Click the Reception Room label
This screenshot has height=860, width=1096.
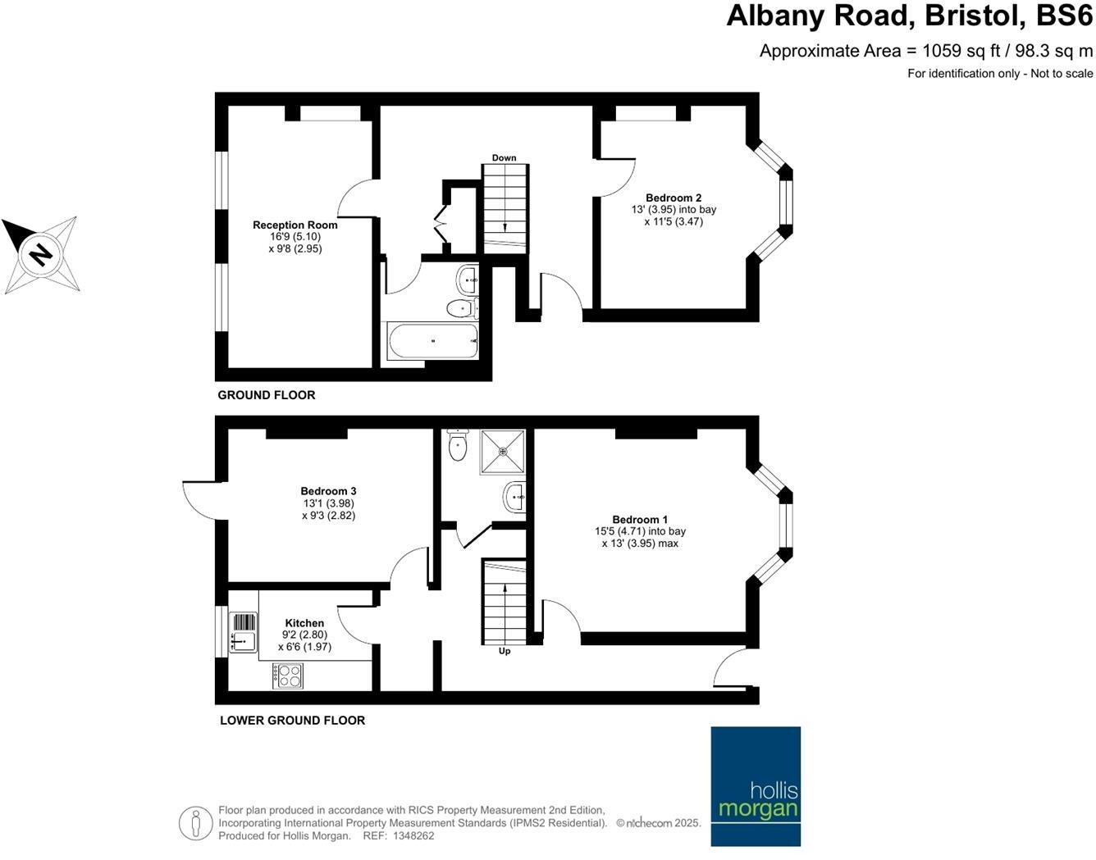[295, 225]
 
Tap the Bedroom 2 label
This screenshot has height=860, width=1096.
[673, 198]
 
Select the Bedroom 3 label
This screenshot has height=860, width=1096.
[328, 491]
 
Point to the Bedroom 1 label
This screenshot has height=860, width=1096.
[640, 519]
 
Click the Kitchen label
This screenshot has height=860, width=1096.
[304, 623]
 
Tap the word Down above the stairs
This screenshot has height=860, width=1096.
[504, 157]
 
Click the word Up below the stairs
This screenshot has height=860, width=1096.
[505, 651]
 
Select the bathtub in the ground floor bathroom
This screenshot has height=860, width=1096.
[432, 340]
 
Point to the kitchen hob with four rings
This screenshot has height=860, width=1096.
[288, 675]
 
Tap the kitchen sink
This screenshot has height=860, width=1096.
[243, 632]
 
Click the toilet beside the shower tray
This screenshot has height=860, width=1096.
[458, 444]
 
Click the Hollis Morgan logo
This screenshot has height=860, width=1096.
[755, 785]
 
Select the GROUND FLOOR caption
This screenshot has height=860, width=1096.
[266, 395]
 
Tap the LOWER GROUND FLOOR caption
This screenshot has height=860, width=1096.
[292, 720]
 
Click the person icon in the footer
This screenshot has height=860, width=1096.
[195, 822]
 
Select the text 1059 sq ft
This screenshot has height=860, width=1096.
[961, 51]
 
